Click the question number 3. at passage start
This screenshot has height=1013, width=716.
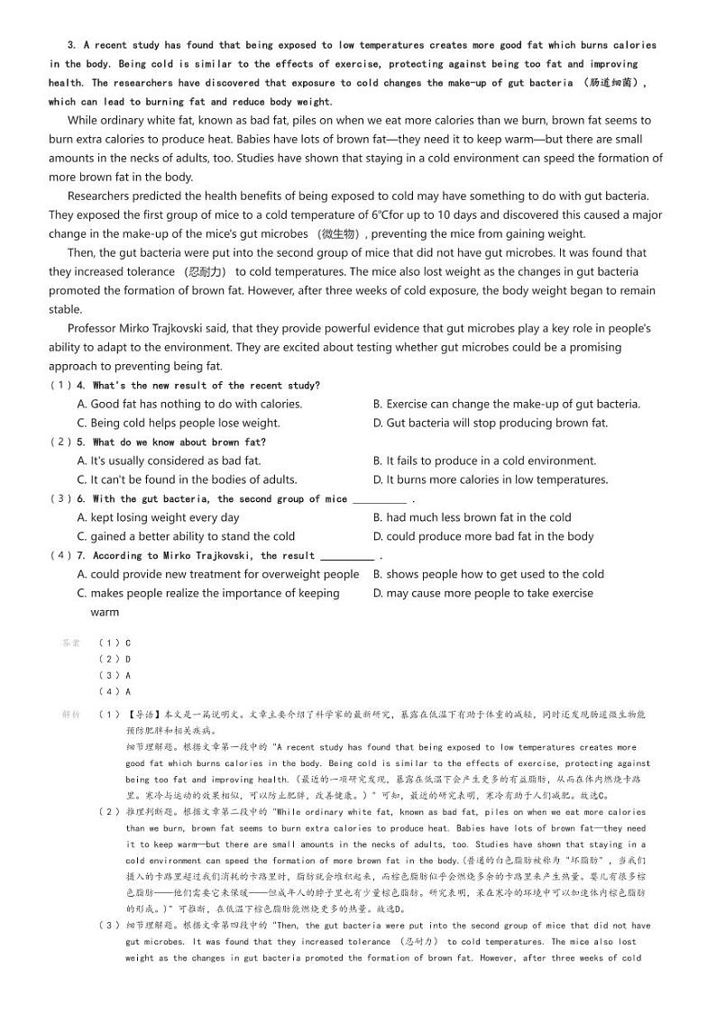click(71, 45)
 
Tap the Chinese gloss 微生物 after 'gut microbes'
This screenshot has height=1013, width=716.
click(338, 234)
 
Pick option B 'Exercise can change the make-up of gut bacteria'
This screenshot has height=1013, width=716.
click(506, 405)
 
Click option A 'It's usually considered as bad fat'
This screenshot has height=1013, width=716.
click(169, 461)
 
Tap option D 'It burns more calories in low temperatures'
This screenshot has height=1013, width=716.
click(490, 480)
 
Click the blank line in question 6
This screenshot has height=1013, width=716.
click(379, 500)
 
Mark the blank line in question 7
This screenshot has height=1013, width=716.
click(347, 557)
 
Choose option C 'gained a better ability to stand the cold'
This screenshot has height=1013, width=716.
click(186, 537)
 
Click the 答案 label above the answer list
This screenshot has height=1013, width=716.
click(70, 643)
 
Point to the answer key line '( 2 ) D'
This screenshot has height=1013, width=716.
click(115, 659)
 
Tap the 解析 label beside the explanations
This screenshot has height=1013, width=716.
click(70, 714)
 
